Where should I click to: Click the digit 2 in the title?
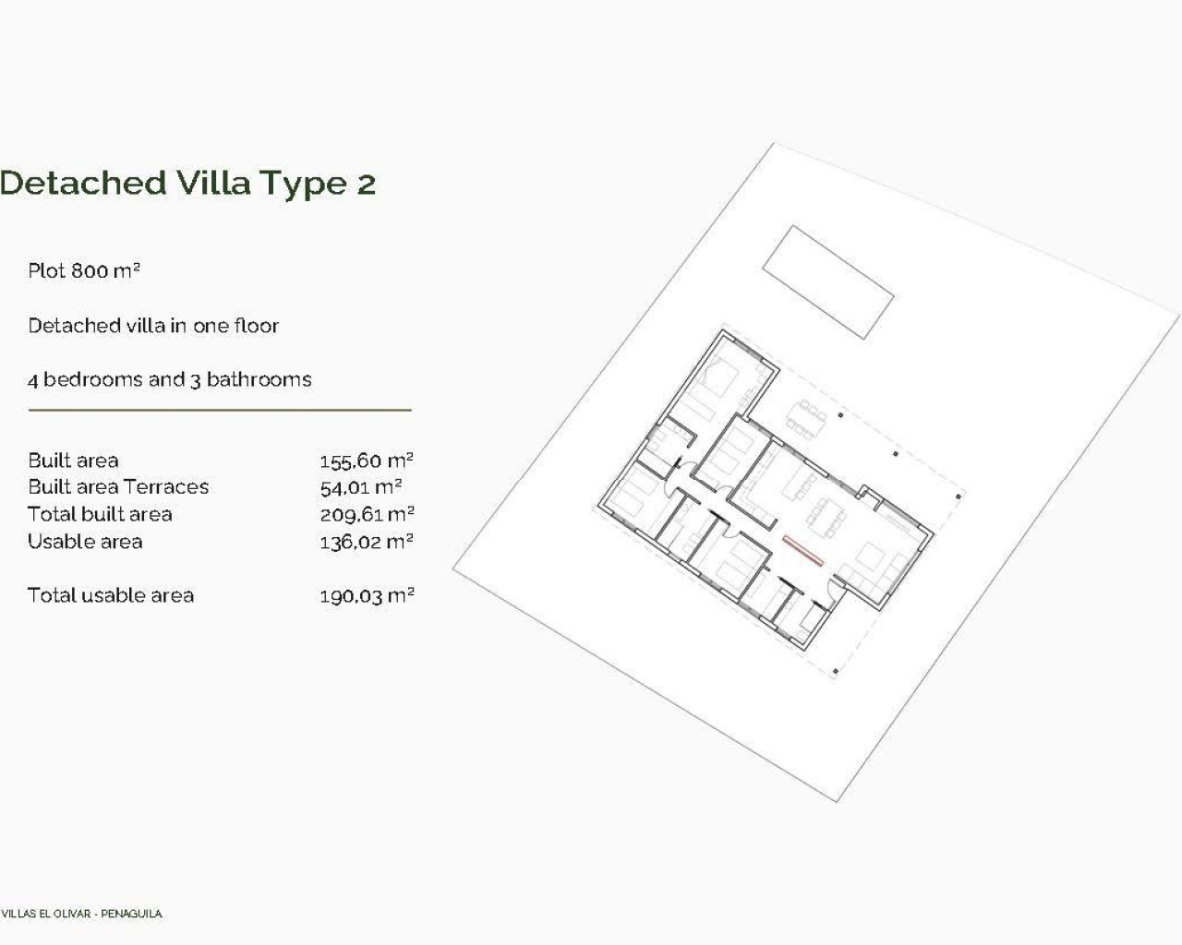(366, 184)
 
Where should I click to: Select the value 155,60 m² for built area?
(366, 461)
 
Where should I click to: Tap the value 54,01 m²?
(360, 487)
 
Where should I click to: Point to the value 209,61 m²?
(366, 514)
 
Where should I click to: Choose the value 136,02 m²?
(366, 542)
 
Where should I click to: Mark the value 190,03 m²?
(366, 595)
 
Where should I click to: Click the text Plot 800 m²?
(83, 271)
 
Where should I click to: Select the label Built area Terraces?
(118, 487)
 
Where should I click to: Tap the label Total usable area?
(111, 595)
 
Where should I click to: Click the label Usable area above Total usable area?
(85, 542)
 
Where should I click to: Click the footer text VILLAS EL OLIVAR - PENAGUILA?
(81, 914)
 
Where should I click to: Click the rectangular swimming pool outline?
(827, 281)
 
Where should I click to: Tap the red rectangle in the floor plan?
(802, 549)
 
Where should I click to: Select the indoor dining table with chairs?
(827, 518)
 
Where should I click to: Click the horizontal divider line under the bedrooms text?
(220, 410)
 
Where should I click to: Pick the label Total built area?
(100, 514)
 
